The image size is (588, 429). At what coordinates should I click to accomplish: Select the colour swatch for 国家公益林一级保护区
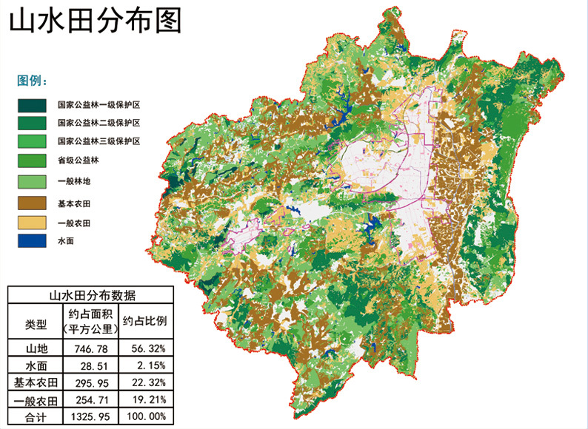[32, 105]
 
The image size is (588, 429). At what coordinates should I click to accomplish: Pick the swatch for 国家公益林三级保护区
[32, 141]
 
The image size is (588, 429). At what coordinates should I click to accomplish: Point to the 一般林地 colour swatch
[32, 181]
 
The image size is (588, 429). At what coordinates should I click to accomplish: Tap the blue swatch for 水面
[32, 241]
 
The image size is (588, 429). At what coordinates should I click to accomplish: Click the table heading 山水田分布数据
[92, 294]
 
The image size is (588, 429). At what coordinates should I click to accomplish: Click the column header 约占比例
[145, 322]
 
